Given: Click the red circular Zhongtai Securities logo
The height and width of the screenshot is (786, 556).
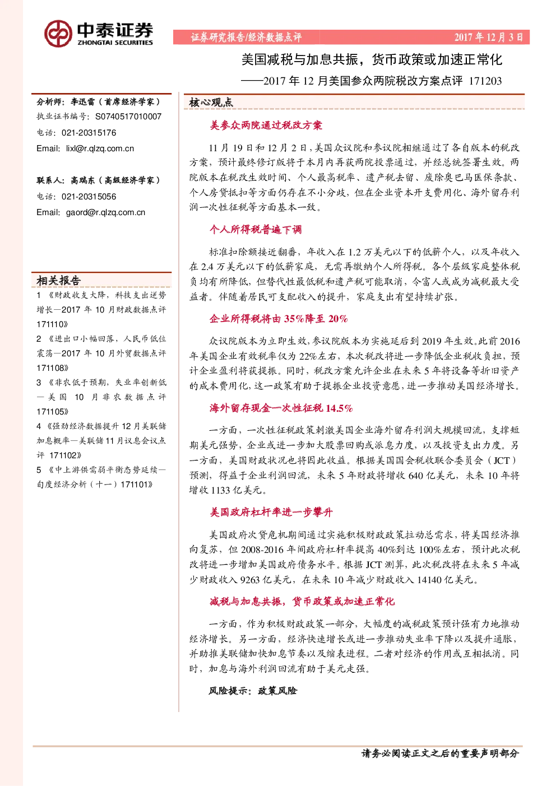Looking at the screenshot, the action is (58, 34).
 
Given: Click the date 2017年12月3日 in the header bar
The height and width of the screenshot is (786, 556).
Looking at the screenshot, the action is (488, 37).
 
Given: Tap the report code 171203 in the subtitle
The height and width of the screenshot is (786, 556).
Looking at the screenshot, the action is (485, 81).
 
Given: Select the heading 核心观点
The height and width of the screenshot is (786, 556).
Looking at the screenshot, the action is (211, 103).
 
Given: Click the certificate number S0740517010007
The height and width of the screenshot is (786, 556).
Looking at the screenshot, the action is (128, 117).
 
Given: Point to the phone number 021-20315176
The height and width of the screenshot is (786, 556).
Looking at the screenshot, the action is (89, 133).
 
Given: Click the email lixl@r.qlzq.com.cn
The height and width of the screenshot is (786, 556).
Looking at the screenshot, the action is (100, 148).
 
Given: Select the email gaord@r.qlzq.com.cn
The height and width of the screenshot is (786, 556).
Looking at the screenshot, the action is (106, 212).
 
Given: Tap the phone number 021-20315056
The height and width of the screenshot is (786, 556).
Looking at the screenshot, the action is (89, 197).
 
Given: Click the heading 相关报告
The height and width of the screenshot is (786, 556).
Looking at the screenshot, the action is (59, 280).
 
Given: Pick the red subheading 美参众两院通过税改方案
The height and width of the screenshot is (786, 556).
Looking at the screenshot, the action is (266, 125).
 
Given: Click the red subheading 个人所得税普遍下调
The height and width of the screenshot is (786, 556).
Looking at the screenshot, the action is (256, 230).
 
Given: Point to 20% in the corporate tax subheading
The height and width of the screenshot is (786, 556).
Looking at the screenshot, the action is (338, 319).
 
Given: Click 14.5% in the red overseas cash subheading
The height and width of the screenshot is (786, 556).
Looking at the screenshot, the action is (339, 408).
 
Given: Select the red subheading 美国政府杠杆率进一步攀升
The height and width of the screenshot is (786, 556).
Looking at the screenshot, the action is (271, 512).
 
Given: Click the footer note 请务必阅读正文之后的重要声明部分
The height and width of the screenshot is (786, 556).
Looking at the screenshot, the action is (440, 754).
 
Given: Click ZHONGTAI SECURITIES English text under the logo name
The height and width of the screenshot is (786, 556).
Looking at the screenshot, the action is (115, 43).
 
